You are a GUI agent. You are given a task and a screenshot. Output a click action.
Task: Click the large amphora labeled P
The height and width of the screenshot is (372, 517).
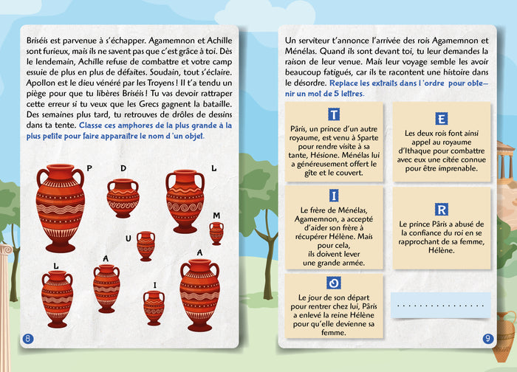[61, 207]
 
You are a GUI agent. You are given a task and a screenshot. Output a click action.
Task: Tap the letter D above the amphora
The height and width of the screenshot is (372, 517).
[123, 168]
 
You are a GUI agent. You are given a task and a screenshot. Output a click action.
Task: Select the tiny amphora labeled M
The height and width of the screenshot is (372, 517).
[216, 233]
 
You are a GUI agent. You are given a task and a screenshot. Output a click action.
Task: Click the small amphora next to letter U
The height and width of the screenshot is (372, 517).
[145, 246]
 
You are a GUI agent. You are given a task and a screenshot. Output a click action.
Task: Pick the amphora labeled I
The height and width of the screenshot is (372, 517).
[154, 307]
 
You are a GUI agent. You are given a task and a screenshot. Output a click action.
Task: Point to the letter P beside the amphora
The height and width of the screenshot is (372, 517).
[89, 168]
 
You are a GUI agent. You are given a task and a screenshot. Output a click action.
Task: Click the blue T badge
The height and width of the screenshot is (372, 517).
[334, 115]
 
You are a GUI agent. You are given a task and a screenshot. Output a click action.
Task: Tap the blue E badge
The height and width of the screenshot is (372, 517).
[441, 119]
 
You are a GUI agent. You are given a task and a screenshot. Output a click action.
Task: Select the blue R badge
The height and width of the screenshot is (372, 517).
[441, 210]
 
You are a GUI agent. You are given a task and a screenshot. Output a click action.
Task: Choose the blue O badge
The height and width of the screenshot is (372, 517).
[334, 283]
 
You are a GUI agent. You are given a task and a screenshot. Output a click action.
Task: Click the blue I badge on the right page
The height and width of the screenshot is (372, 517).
[334, 196]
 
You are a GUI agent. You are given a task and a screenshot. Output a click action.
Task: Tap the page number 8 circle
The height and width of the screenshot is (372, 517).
[28, 339]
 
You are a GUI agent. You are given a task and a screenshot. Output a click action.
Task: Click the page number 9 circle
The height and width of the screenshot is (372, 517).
[487, 339]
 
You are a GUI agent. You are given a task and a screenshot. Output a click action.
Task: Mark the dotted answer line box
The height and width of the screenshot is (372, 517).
[441, 305]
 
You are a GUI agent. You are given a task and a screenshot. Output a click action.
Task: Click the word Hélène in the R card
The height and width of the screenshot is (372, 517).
[441, 250]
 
